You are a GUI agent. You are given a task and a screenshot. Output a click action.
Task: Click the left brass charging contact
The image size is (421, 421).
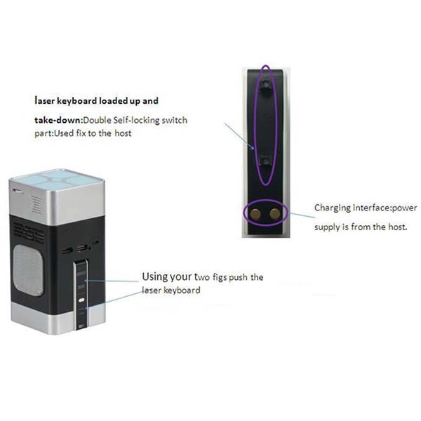click(255, 214)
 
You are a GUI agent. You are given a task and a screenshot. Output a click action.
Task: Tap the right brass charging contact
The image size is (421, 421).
click(275, 214)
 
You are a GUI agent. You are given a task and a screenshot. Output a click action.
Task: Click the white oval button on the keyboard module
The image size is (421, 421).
click(82, 300)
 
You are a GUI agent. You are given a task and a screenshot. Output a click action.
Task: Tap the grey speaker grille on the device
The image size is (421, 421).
click(27, 270)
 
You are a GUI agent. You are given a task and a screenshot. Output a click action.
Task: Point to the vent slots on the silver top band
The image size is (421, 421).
click(36, 205)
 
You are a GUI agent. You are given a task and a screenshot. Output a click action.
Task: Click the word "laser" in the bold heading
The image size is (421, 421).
click(45, 101)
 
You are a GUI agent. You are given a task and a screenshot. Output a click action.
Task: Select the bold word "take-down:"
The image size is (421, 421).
click(58, 120)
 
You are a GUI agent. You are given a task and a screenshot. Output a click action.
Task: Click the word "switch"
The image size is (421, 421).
click(174, 120)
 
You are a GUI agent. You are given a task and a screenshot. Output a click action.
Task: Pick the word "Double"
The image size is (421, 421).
click(98, 120)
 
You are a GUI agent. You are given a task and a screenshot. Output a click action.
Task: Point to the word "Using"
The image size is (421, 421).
click(153, 277)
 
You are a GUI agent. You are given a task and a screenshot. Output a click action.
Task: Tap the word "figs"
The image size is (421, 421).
click(220, 277)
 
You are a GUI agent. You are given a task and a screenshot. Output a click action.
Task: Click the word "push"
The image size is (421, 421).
click(239, 277)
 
